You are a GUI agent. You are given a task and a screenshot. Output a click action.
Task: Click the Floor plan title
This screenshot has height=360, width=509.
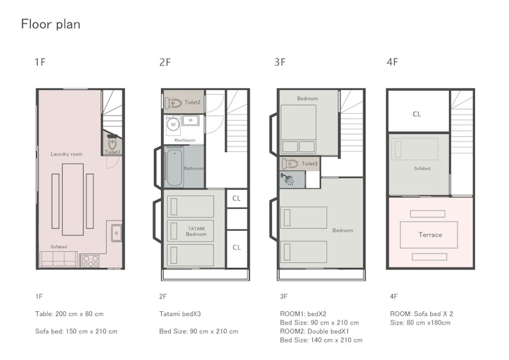point(51,24)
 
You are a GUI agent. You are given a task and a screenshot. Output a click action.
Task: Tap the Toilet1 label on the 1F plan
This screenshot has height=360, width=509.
point(112,152)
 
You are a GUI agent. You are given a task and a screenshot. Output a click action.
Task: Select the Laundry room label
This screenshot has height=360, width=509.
point(66,154)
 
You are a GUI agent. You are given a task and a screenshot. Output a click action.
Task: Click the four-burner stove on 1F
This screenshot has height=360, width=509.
point(91,261)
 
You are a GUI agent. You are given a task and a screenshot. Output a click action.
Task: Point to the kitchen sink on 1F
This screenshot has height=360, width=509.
point(116,232)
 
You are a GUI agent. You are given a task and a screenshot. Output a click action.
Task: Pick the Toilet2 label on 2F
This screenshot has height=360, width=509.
point(192,103)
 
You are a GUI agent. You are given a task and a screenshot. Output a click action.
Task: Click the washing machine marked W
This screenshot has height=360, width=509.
point(174,124)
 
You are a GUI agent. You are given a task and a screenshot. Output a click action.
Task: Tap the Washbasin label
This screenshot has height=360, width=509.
point(184,140)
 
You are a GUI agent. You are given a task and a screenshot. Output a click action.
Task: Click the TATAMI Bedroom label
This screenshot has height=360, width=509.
point(196,232)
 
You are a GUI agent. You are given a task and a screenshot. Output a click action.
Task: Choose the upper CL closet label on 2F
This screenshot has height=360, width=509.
point(236,198)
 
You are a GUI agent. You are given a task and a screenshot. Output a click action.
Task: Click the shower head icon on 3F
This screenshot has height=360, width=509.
point(287,179)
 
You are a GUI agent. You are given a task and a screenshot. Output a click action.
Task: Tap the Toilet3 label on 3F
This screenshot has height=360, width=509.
point(310,164)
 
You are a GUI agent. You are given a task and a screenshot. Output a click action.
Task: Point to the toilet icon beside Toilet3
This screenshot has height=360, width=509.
point(290,164)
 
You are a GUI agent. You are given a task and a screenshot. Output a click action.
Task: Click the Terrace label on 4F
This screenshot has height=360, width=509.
point(430,235)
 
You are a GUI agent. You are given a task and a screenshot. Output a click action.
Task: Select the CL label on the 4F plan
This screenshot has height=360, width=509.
point(416,114)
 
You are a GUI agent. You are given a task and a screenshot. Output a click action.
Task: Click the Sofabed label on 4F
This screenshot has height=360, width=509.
point(422,169)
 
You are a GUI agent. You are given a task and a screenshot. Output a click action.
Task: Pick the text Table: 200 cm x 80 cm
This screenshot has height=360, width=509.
point(70,314)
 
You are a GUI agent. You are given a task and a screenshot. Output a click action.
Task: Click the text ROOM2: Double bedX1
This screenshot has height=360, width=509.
point(314,331)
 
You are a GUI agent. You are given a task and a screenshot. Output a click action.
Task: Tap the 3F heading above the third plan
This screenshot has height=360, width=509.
point(280,62)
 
